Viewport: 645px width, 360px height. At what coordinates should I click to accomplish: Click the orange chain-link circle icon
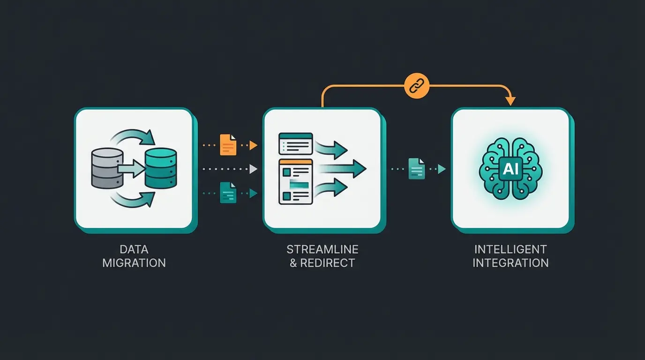[417, 86]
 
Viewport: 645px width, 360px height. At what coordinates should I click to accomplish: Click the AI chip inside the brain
[510, 169]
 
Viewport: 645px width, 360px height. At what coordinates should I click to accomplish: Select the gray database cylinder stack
[106, 169]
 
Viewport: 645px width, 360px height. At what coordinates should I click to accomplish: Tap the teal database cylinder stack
[161, 169]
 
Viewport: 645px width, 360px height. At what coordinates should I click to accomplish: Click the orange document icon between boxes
[228, 145]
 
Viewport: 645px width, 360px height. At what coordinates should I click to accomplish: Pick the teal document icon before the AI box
[416, 169]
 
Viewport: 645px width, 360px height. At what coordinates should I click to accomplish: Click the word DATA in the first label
[134, 249]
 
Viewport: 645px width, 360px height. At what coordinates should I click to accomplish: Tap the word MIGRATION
[134, 263]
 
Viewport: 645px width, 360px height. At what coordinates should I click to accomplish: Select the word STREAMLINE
[322, 249]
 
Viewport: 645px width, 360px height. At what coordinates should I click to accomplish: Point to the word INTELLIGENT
[510, 249]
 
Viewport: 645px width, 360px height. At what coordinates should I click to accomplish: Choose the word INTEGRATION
[510, 263]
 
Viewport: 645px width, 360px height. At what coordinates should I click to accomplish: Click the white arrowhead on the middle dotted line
[254, 169]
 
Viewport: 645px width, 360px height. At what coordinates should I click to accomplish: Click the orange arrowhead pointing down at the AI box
[510, 101]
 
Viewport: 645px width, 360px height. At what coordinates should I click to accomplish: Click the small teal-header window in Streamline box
[295, 143]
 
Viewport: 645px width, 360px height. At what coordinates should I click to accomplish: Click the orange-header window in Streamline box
[295, 181]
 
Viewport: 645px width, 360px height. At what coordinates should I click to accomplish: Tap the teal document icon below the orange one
[228, 193]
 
